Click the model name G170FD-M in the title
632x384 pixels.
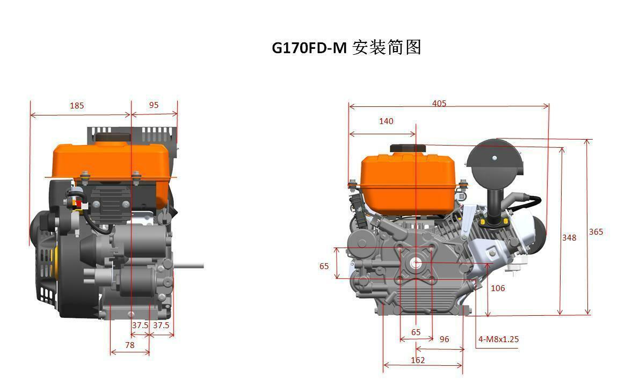[309, 48]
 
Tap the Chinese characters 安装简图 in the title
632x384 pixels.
[387, 48]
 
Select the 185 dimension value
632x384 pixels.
[77, 106]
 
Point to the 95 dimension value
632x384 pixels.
[154, 105]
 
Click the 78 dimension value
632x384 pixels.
[130, 345]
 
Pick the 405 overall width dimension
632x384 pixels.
[439, 103]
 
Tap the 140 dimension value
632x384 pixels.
[386, 121]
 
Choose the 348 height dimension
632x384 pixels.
[569, 237]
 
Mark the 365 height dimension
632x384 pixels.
[596, 232]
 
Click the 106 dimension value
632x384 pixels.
[498, 288]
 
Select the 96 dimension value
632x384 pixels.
[444, 339]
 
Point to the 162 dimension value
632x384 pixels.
[418, 360]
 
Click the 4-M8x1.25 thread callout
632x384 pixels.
[498, 339]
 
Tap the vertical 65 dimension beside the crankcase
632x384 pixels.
[324, 266]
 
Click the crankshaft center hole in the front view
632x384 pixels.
[416, 263]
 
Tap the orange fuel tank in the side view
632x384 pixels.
[107, 161]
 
